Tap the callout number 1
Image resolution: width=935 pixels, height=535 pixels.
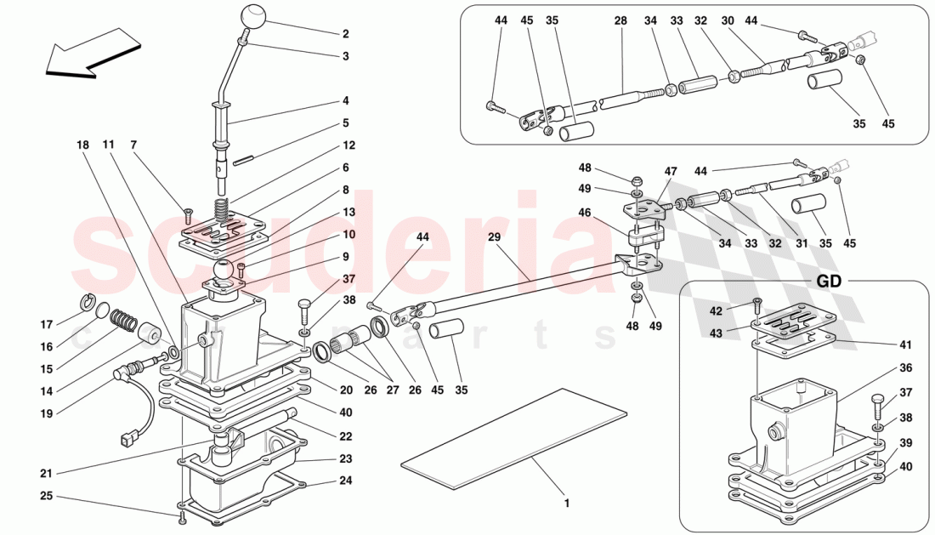[566, 503]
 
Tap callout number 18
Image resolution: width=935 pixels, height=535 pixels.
[82, 145]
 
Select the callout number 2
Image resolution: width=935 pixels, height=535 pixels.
[346, 35]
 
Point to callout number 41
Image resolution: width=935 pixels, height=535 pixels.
[905, 344]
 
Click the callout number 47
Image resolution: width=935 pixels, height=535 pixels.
[670, 171]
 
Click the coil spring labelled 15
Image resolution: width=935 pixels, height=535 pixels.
[125, 322]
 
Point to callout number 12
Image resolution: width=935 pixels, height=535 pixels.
[349, 145]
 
